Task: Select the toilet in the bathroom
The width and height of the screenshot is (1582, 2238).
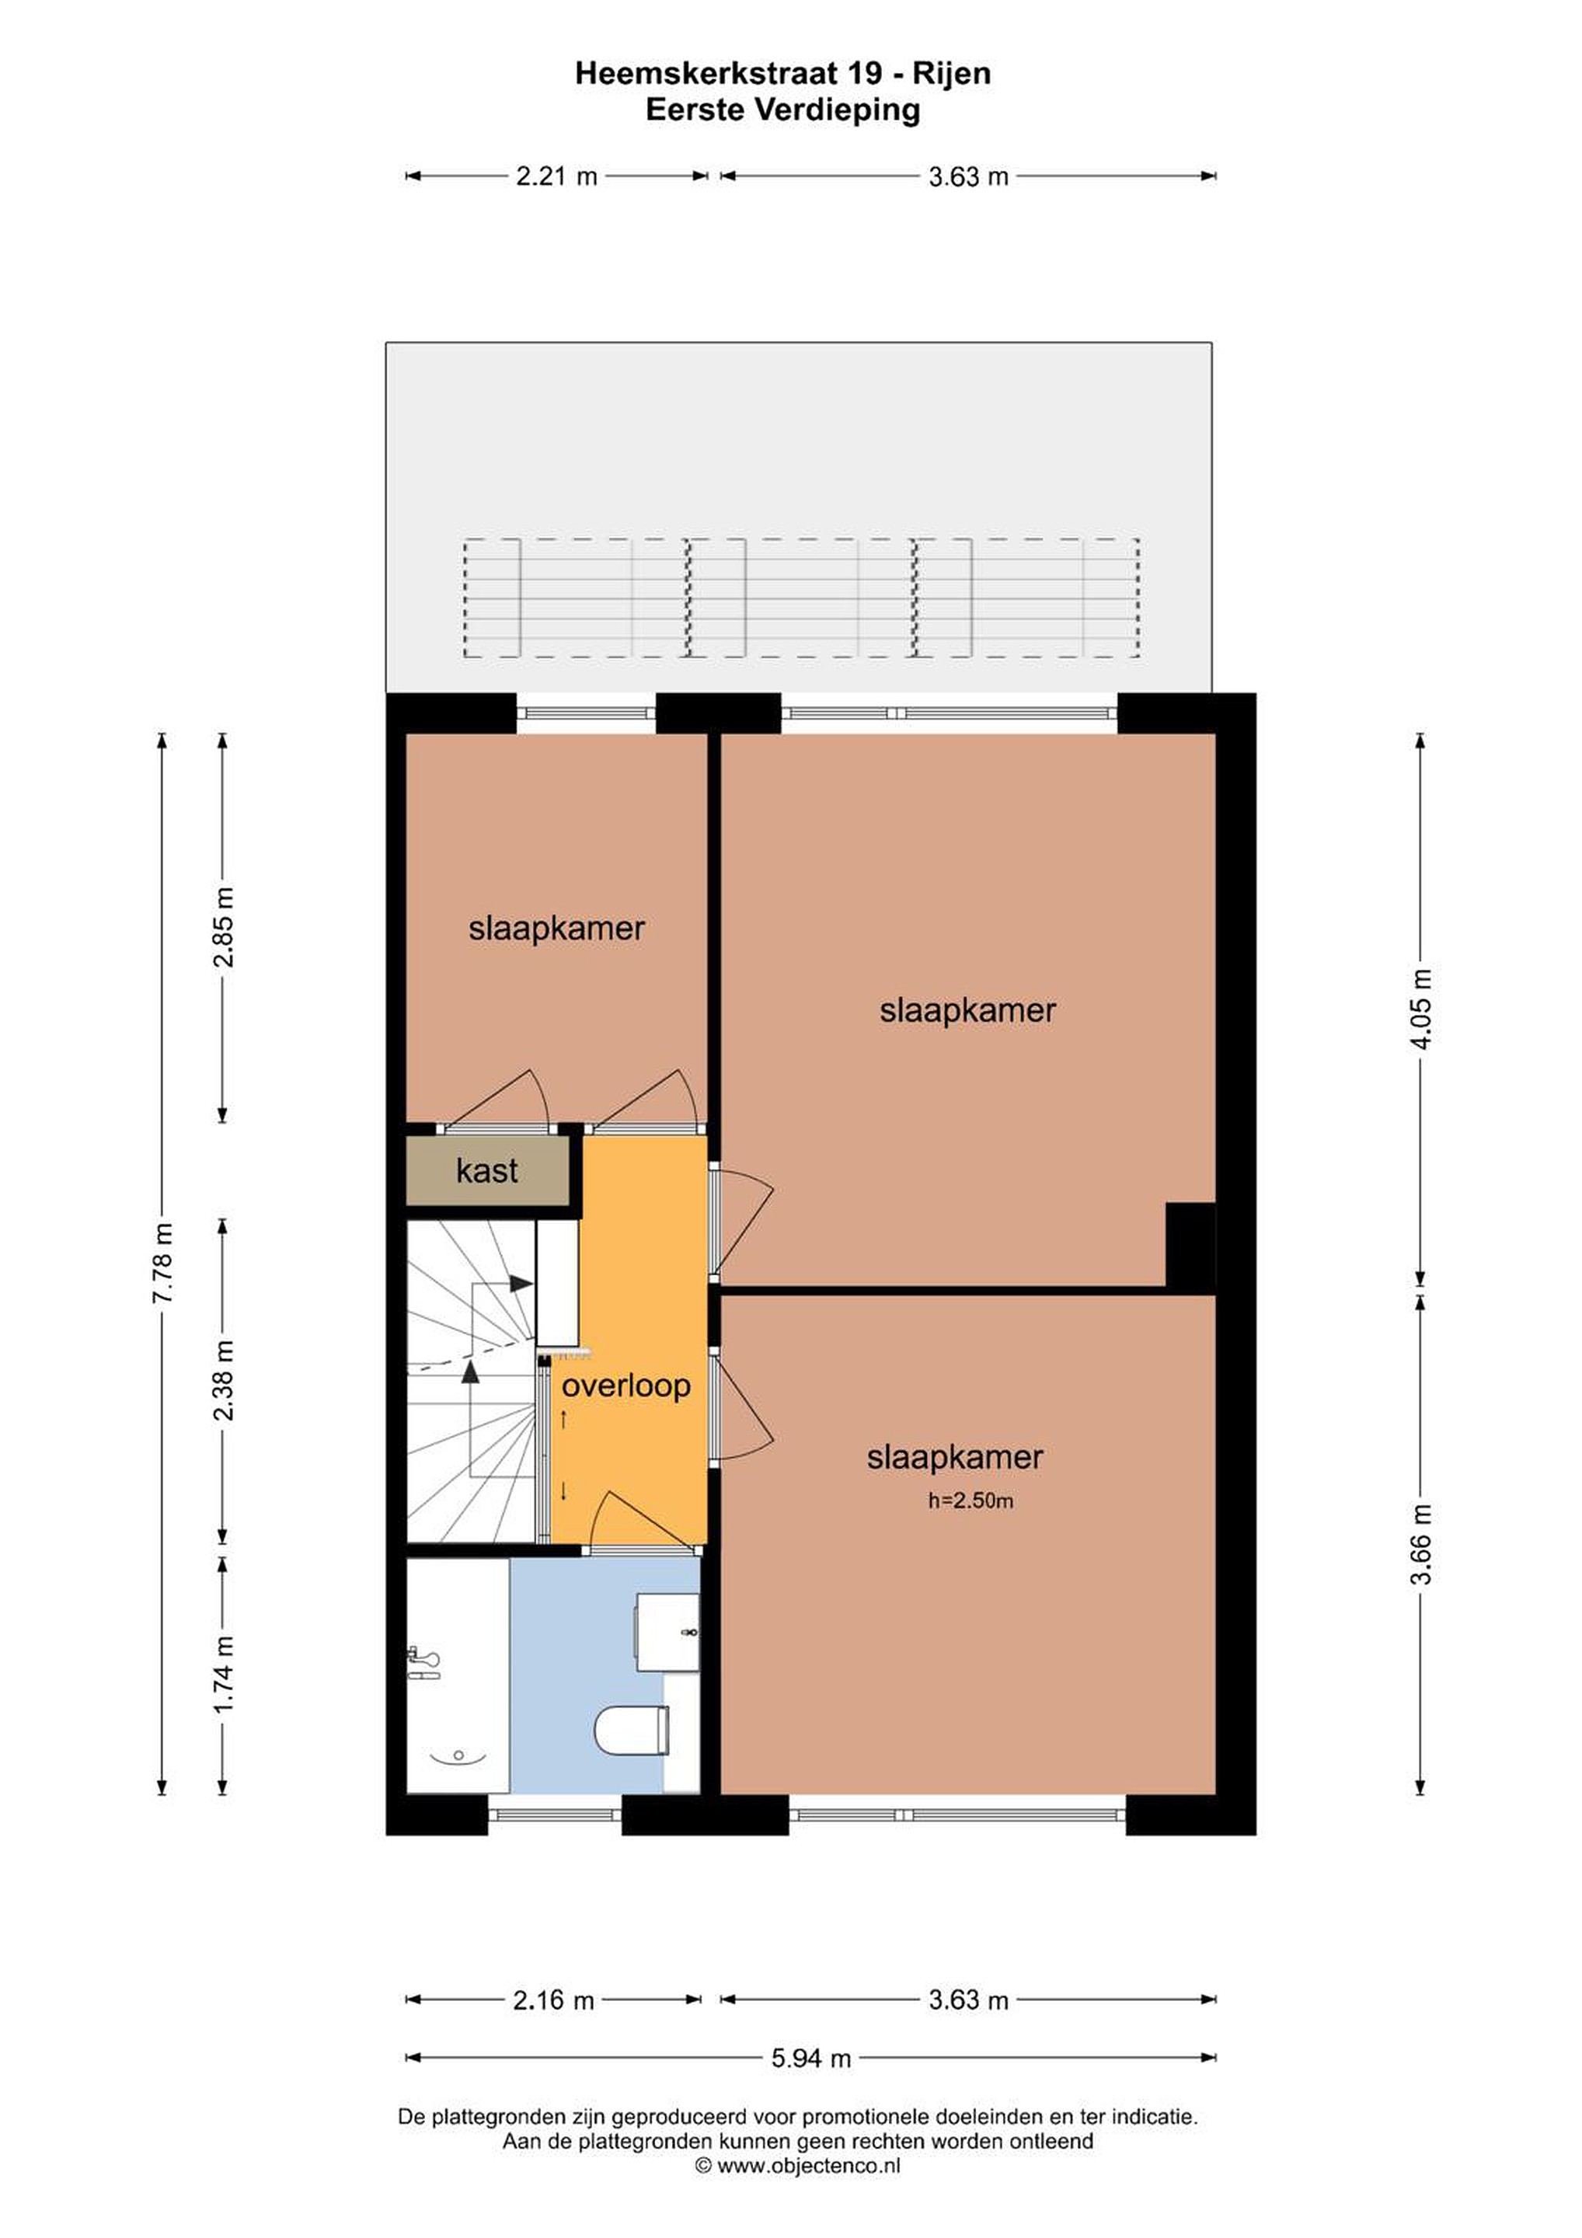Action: point(632,1728)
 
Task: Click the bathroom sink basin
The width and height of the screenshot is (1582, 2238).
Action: point(667,1633)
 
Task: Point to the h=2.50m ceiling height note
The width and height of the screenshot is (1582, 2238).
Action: point(970,1501)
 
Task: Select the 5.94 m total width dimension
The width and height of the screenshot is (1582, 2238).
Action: point(811,2058)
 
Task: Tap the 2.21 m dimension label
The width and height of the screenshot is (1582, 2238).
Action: point(556,176)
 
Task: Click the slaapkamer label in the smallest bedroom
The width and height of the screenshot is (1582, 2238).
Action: point(556,928)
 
